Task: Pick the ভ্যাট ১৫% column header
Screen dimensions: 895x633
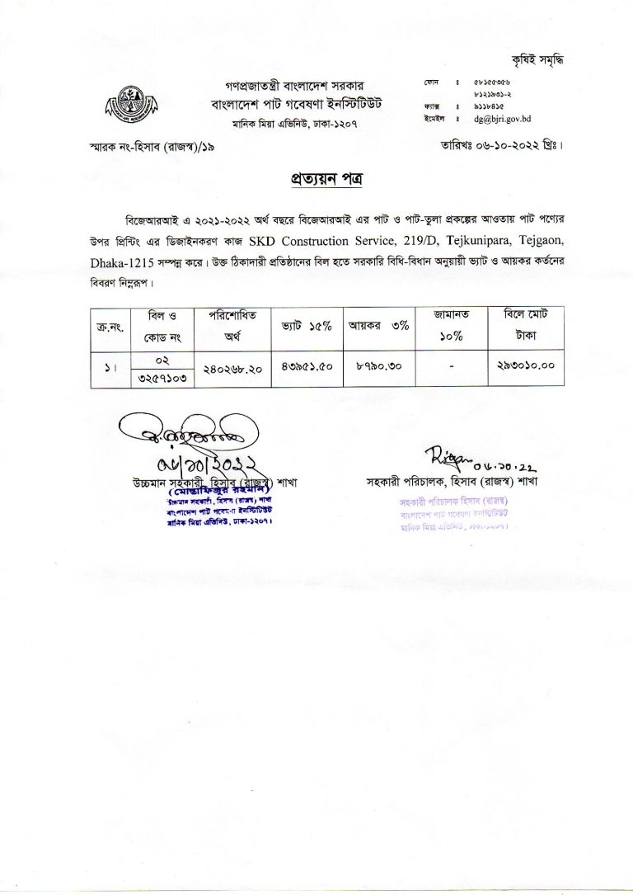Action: click(302, 327)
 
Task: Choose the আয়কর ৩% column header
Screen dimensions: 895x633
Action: click(378, 327)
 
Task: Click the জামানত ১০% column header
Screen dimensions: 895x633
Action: click(450, 327)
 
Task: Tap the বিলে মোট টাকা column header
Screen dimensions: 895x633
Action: click(524, 327)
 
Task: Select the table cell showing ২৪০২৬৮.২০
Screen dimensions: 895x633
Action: click(232, 370)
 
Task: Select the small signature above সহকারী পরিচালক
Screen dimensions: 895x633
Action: click(441, 453)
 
